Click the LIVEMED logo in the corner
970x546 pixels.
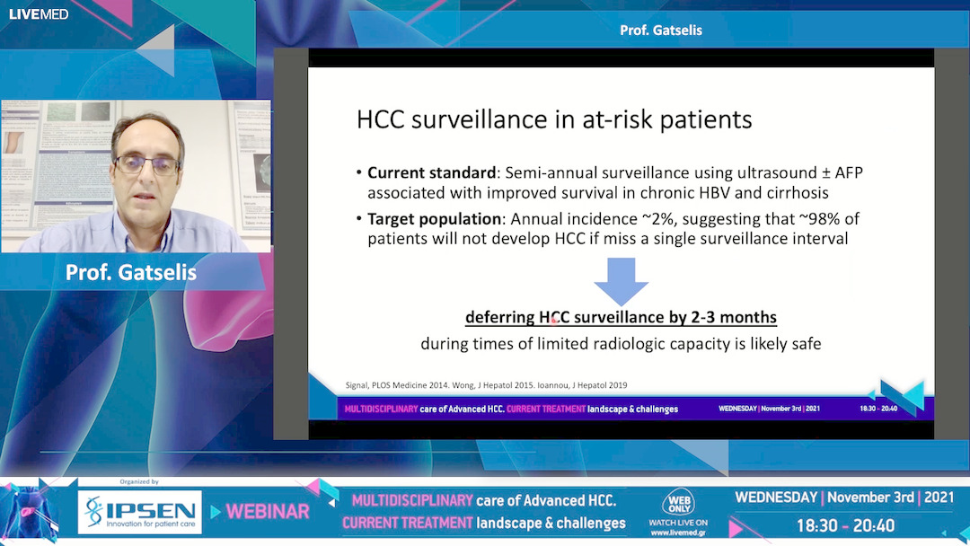tap(39, 13)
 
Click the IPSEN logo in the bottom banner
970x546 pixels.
tap(139, 512)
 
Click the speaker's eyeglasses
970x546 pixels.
tap(146, 164)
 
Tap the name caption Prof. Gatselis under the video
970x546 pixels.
tap(131, 272)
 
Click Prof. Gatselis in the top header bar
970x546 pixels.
tap(661, 31)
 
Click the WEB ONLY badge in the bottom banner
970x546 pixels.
tap(678, 504)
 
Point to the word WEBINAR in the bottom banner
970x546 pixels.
tap(268, 512)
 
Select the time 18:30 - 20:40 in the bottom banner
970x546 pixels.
tap(845, 524)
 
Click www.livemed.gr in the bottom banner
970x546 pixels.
tap(678, 532)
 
